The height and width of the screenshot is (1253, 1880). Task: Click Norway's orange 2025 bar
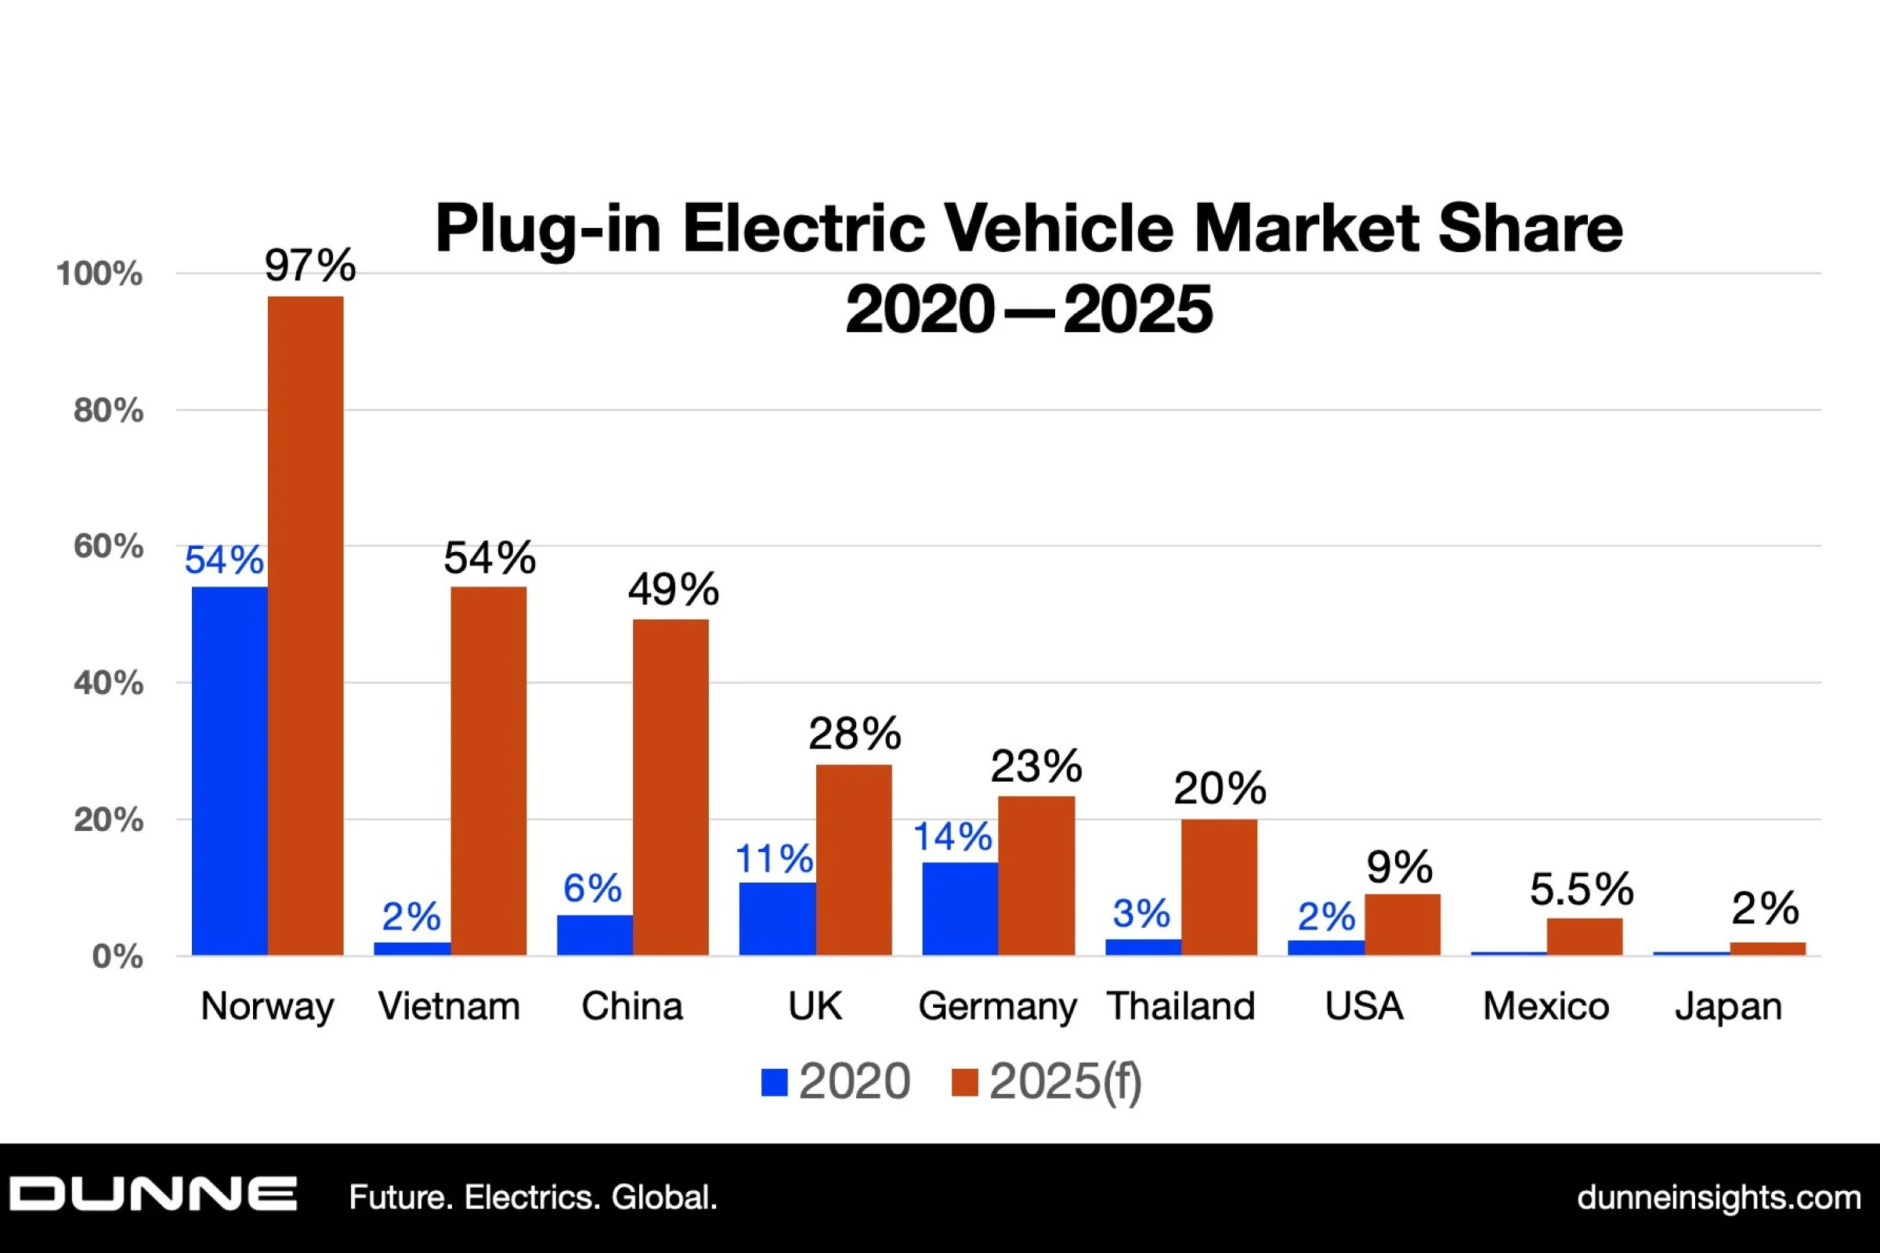[x=305, y=626]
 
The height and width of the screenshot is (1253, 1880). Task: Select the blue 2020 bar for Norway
[x=230, y=771]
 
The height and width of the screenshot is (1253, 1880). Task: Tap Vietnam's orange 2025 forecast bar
[x=488, y=771]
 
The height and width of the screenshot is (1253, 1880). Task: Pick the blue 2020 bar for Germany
[x=960, y=908]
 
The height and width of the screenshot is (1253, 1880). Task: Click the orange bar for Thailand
[x=1219, y=887]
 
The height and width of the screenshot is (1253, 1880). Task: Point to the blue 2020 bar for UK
[x=777, y=919]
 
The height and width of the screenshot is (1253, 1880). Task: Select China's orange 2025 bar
[x=671, y=787]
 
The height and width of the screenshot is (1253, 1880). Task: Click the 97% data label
[x=310, y=265]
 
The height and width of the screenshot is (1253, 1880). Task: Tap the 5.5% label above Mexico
[x=1582, y=889]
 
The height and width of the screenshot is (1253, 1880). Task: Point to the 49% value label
[x=673, y=590]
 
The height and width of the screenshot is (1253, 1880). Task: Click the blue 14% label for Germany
[x=953, y=836]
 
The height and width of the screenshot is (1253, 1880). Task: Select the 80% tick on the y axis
[x=109, y=410]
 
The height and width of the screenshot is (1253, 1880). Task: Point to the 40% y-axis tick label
[x=109, y=683]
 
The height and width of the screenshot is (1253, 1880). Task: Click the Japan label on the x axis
[x=1729, y=1006]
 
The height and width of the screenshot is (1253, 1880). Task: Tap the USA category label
[x=1364, y=1006]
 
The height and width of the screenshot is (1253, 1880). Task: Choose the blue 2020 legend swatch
[x=775, y=1083]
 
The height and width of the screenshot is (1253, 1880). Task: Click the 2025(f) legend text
[x=1065, y=1082]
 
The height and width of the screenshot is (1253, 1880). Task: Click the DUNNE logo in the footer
[x=154, y=1195]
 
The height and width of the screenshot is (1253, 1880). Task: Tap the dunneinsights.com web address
[x=1719, y=1197]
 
